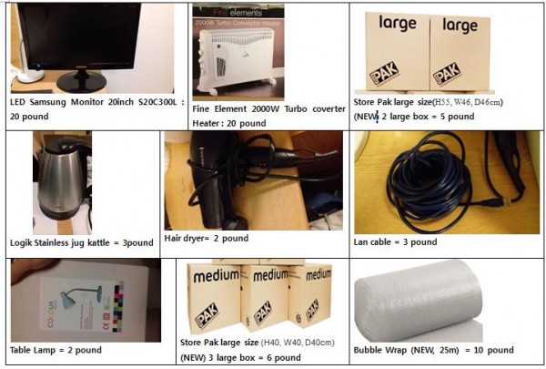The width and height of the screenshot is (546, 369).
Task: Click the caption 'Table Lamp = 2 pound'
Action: pyautogui.click(x=56, y=350)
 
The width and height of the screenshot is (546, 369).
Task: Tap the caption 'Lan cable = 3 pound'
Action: pyautogui.click(x=395, y=242)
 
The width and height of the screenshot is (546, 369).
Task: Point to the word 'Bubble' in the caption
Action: pyautogui.click(x=371, y=350)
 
